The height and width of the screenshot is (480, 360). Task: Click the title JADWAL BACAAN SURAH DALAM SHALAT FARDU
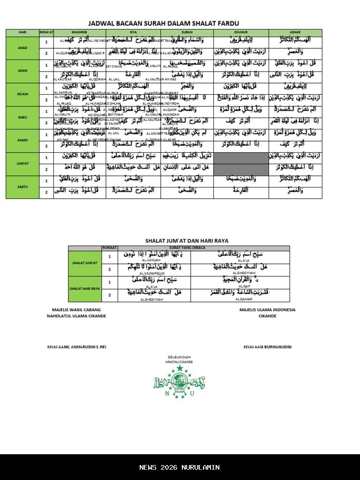pos(164,23)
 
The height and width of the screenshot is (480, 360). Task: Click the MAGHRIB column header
pos(80,32)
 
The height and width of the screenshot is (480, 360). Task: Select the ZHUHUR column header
pos(241,32)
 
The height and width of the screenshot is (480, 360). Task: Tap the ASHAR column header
pos(295,32)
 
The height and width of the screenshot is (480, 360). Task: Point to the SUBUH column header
pos(187,32)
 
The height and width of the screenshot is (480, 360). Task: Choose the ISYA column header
pos(133,32)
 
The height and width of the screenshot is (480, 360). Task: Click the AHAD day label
pos(22,48)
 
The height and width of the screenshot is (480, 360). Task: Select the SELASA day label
pos(22,94)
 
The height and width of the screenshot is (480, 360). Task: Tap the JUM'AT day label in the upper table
pos(22,164)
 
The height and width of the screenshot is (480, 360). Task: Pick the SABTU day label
pos(22,187)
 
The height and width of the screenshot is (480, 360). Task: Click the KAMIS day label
pos(22,140)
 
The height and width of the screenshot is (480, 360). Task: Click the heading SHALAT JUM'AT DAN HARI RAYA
pos(180,240)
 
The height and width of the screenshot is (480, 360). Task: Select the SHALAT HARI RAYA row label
pos(85,289)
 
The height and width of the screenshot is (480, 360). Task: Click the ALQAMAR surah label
pos(243,299)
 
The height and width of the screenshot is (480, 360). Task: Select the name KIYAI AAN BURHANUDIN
pos(267,347)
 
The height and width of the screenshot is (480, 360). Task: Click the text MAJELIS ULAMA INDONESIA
pos(267,310)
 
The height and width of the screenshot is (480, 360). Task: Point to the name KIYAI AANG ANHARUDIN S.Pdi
pos(77,347)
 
